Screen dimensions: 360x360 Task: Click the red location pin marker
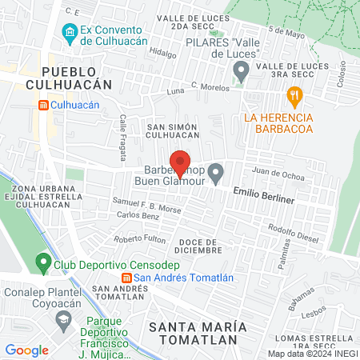coord(181,162)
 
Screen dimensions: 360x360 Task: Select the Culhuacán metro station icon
coord(44,105)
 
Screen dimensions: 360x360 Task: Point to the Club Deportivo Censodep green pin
coord(44,262)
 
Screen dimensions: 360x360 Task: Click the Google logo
coord(26,350)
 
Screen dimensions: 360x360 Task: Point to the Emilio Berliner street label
coord(264,195)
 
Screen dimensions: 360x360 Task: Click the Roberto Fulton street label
coord(139,239)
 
